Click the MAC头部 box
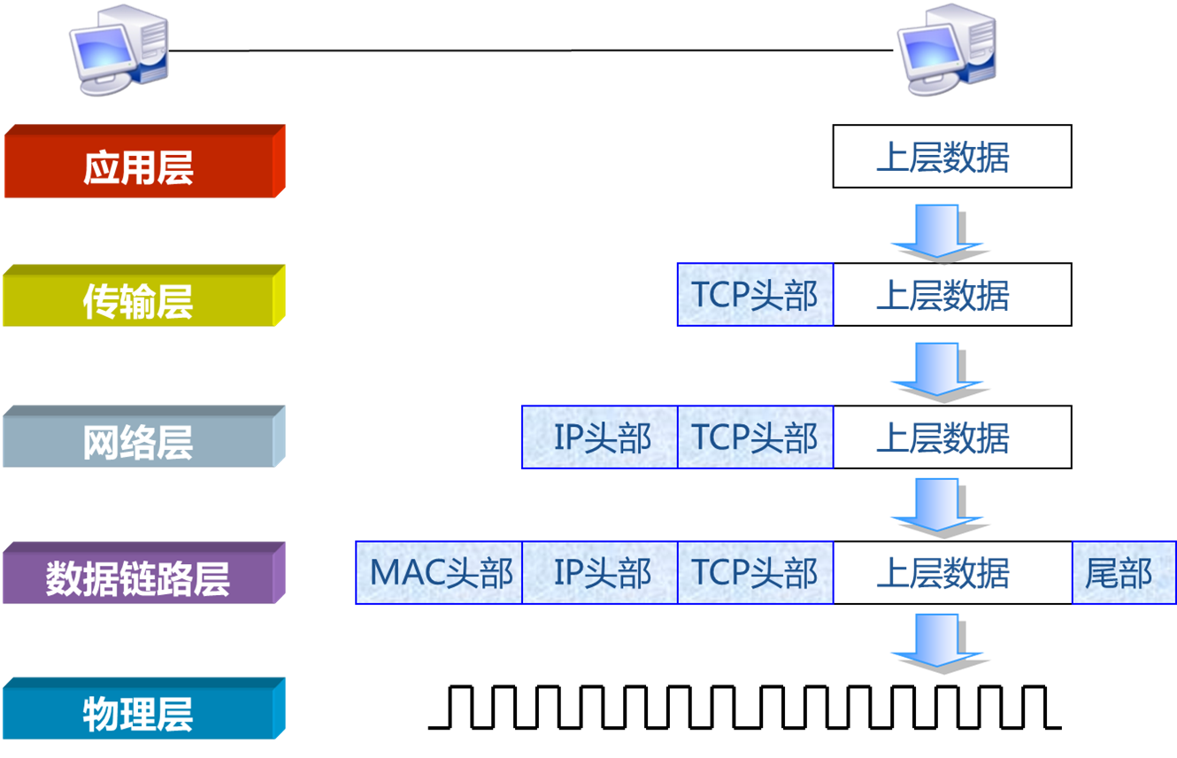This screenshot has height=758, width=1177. pyautogui.click(x=440, y=573)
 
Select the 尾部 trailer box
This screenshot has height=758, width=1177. pyautogui.click(x=1122, y=573)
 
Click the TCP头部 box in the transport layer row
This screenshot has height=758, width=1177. pyautogui.click(x=755, y=295)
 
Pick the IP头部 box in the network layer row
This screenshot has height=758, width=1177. pyautogui.click(x=600, y=437)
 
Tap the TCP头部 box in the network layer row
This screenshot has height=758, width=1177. pyautogui.click(x=755, y=437)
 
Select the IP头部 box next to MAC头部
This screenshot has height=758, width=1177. pyautogui.click(x=600, y=573)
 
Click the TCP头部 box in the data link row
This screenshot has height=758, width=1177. pyautogui.click(x=755, y=573)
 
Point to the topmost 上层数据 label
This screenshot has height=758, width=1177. pyautogui.click(x=942, y=159)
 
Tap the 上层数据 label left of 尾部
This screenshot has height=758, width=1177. pyautogui.click(x=942, y=573)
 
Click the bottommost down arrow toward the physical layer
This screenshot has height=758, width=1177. pyautogui.click(x=938, y=641)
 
